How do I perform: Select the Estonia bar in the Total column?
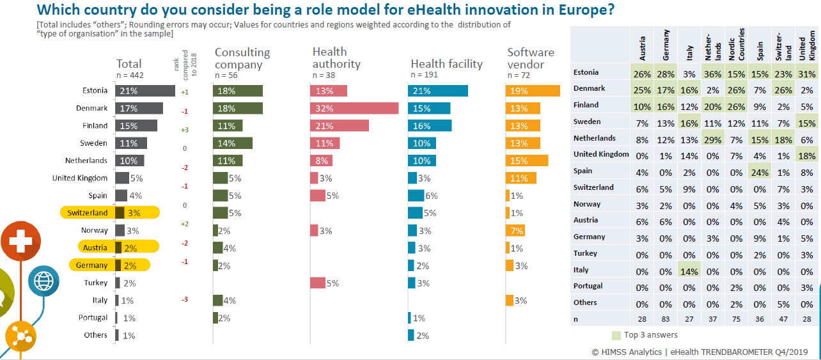tap(145, 91)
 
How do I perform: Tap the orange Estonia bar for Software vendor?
tap(532, 91)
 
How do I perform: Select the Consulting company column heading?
tap(242, 58)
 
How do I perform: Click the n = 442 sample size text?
tap(130, 75)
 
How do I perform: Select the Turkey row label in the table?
tap(586, 254)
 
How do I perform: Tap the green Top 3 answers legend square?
tap(616, 335)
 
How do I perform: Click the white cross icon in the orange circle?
tap(21, 242)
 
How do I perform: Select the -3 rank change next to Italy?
tap(184, 300)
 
